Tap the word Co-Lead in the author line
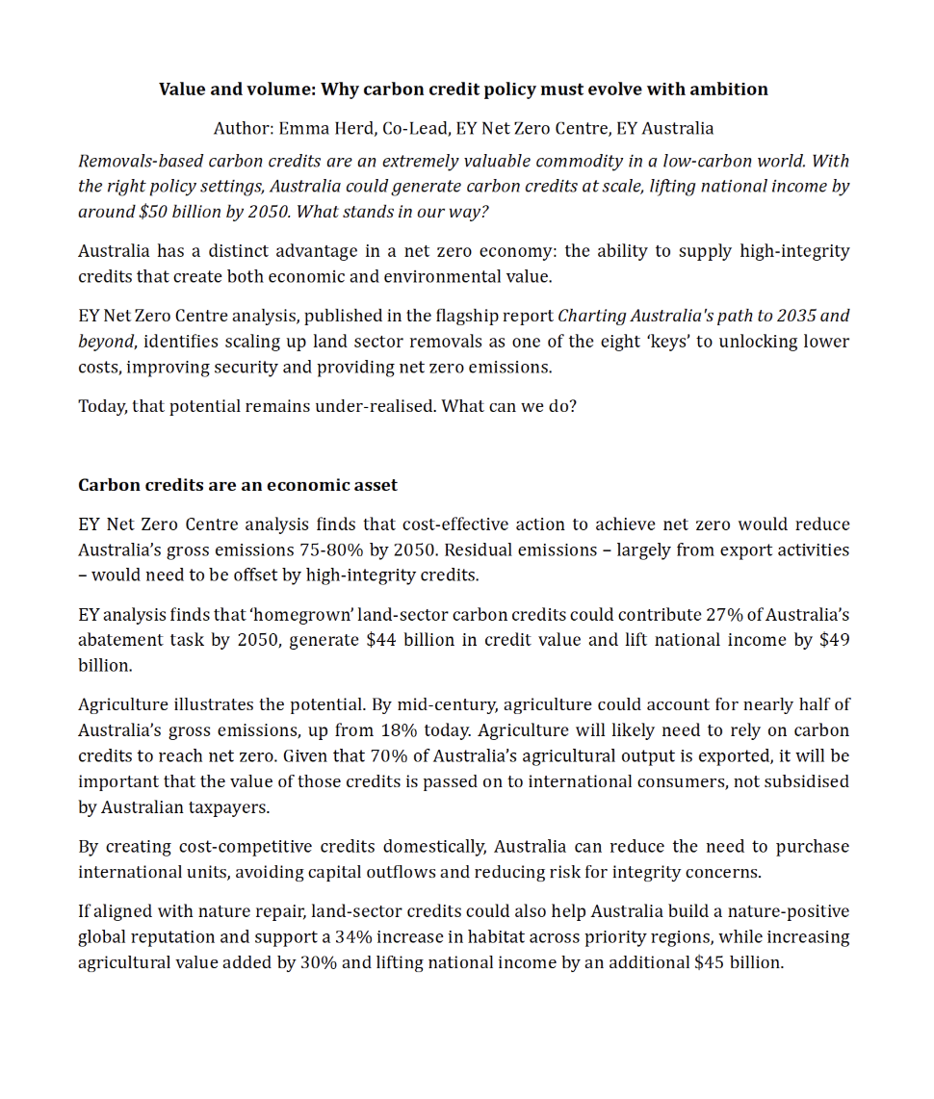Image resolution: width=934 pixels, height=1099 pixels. (413, 128)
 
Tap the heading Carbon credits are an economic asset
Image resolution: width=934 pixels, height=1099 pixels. (237, 485)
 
